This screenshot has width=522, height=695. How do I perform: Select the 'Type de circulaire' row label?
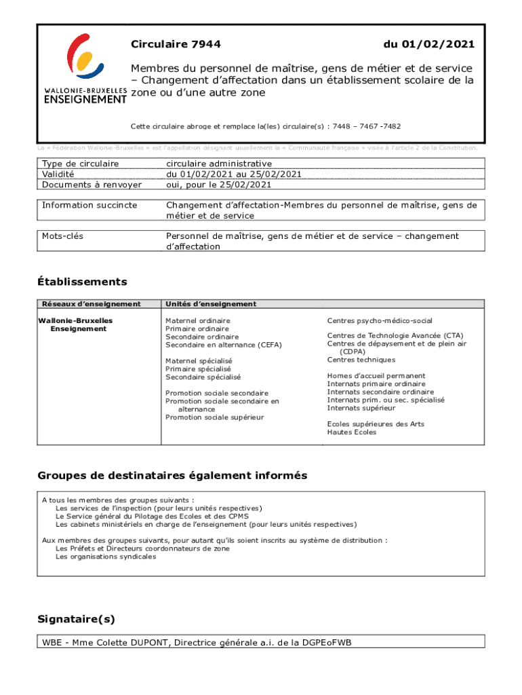point(80,164)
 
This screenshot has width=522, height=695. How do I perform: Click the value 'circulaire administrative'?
point(219,164)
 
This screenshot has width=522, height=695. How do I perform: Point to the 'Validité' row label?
point(58,174)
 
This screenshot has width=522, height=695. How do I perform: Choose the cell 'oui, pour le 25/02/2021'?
point(219,184)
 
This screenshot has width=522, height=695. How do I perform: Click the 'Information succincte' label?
point(89,205)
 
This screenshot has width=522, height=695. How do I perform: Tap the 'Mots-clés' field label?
point(62,236)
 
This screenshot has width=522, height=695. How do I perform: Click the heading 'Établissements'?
point(82,282)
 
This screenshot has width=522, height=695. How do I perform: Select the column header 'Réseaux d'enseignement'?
point(91,304)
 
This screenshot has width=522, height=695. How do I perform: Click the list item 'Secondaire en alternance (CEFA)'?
point(223,345)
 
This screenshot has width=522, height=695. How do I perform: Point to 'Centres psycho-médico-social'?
point(379,320)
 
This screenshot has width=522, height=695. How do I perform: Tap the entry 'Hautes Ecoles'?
point(351,432)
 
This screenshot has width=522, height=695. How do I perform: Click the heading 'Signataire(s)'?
point(77,619)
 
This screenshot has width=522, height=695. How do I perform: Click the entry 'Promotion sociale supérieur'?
point(215,417)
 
